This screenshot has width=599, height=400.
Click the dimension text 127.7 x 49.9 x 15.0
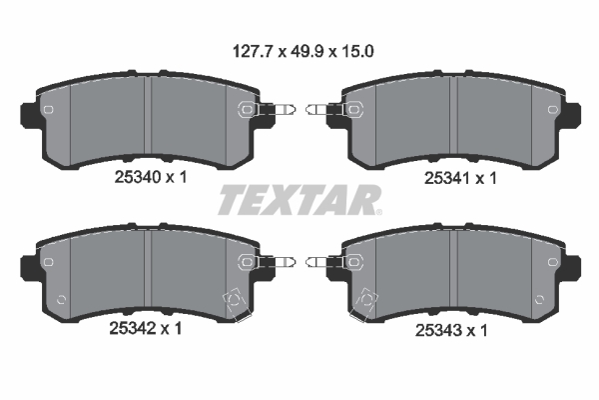pos(299,47)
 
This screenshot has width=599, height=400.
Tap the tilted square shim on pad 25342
pos(236,299)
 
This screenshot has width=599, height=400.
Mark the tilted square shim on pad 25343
pos(364,300)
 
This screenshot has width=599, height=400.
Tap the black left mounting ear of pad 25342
pos(29,266)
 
